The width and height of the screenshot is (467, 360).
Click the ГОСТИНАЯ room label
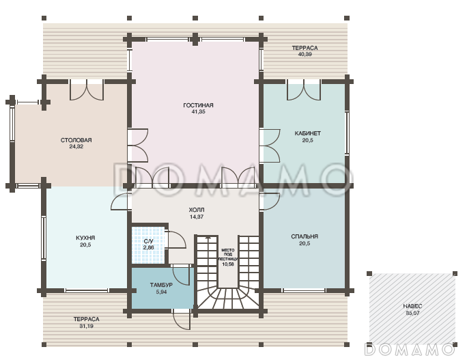(198, 105)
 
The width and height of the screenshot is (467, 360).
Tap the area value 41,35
(198, 112)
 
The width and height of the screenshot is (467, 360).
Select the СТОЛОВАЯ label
(76, 140)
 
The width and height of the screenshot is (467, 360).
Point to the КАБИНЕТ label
(308, 133)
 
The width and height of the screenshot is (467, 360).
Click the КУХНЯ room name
(85, 238)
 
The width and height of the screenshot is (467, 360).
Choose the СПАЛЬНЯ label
(305, 236)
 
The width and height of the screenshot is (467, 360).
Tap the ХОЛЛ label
(197, 210)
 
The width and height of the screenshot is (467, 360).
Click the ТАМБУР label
(161, 285)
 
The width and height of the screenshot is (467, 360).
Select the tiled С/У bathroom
(148, 245)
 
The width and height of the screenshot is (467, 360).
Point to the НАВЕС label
(412, 306)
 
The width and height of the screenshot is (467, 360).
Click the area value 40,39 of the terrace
(305, 55)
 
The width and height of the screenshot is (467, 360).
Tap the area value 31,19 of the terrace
(87, 327)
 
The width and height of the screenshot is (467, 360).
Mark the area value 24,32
(76, 147)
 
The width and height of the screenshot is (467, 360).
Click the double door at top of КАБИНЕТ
(304, 89)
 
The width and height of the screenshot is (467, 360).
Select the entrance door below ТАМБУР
(182, 319)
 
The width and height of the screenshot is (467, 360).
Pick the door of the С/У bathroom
(178, 239)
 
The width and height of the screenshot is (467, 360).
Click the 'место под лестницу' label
(228, 255)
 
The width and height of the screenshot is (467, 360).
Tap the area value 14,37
(197, 217)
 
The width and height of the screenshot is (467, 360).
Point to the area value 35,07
(412, 314)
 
